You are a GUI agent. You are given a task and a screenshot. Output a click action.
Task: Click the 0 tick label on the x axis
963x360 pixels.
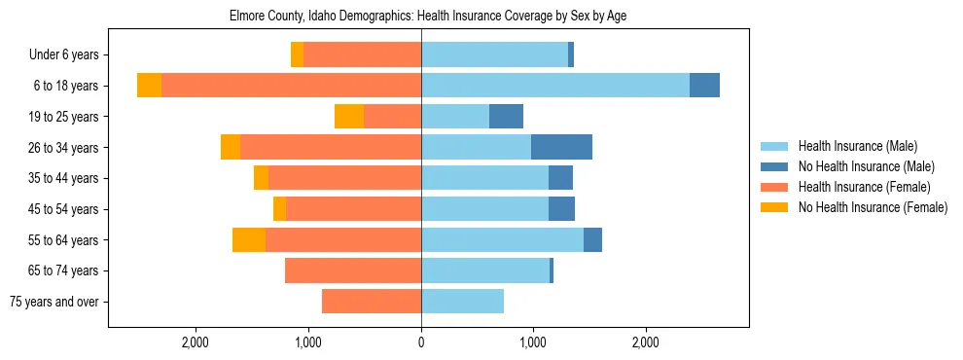click(x=421, y=342)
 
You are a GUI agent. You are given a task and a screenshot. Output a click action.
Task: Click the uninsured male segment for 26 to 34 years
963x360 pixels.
click(x=561, y=147)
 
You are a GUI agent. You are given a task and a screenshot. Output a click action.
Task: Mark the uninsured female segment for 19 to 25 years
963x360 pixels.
click(x=349, y=117)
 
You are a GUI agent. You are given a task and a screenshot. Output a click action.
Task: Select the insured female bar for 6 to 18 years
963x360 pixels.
click(x=291, y=86)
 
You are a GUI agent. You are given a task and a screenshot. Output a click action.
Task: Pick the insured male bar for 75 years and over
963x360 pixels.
click(x=462, y=302)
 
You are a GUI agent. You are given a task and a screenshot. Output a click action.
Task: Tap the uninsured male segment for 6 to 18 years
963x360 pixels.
click(x=704, y=86)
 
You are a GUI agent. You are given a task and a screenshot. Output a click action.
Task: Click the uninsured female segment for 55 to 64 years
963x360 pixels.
click(x=249, y=240)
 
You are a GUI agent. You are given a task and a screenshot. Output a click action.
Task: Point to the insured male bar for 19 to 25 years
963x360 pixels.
click(x=455, y=117)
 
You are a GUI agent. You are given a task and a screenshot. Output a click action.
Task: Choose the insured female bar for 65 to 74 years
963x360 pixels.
click(x=353, y=270)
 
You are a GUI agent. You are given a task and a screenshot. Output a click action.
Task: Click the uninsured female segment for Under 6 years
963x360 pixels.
click(x=297, y=55)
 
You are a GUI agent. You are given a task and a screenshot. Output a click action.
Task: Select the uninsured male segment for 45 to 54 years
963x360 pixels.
click(x=561, y=209)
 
